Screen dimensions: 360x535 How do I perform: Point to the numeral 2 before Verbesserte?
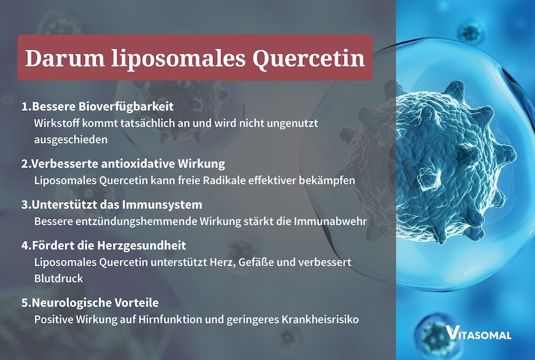[25, 163]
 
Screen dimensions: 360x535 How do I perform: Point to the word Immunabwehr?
[335, 221]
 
